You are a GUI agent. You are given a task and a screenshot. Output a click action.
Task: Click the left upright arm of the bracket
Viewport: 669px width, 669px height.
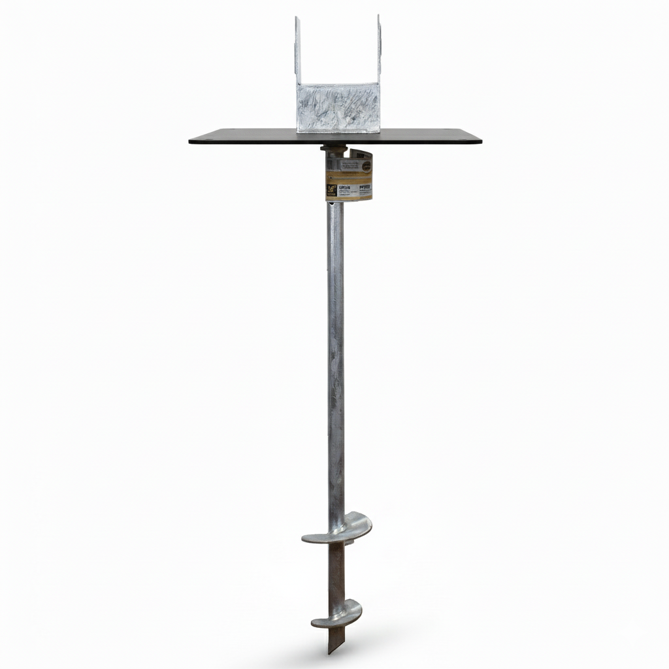click(x=298, y=52)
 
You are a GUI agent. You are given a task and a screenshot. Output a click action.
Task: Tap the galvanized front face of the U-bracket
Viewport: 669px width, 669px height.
click(x=337, y=108)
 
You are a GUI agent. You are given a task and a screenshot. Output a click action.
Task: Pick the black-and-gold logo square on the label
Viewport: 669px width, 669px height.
click(x=332, y=190)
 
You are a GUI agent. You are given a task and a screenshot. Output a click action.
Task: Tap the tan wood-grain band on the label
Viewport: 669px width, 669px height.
click(x=349, y=178)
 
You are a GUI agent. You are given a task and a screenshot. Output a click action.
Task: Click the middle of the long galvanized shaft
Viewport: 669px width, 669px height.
click(x=335, y=359)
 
